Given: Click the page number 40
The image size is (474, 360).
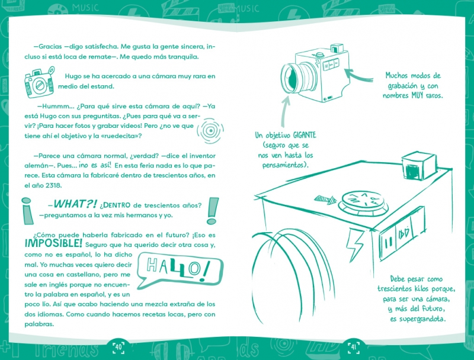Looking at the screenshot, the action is (x=118, y=347).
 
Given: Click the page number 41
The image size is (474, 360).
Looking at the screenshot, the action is (x=353, y=347).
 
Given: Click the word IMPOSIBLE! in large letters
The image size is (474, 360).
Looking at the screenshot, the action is (x=53, y=243).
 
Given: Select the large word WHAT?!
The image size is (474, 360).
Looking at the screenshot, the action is (x=75, y=204).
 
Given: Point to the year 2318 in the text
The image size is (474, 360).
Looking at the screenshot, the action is (x=53, y=185).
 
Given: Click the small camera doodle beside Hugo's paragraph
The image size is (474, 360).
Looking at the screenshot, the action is (x=39, y=82).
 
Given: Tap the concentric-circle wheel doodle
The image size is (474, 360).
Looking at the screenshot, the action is (x=210, y=131).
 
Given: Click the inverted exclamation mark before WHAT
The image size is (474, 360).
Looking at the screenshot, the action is (x=27, y=211).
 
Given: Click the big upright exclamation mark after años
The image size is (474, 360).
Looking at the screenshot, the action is (x=213, y=211).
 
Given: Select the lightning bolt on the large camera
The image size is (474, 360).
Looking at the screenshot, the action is (x=355, y=244).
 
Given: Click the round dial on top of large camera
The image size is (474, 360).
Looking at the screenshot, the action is (x=363, y=202).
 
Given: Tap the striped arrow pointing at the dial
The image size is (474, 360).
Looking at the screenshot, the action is (x=325, y=200).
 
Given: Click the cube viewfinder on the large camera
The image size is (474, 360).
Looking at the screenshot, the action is (x=419, y=166).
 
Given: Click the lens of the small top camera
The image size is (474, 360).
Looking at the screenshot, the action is (x=292, y=79).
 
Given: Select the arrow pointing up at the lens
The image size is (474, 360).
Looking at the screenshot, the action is (x=285, y=111).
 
